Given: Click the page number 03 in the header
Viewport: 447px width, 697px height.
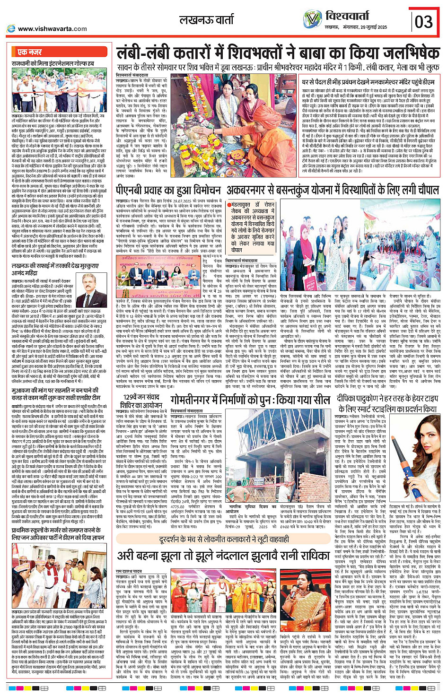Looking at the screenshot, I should [424, 21].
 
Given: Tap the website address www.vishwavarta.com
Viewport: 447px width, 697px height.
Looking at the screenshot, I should [52, 29].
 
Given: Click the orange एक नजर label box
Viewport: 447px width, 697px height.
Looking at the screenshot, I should [29, 52].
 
